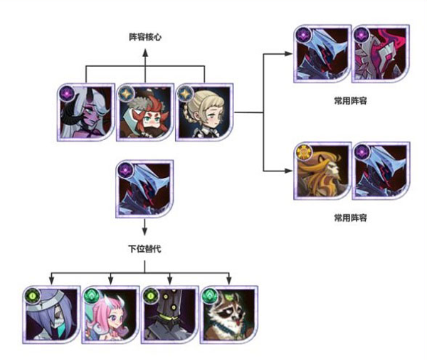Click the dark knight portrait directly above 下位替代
tap(144, 189)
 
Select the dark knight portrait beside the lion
tap(381, 171)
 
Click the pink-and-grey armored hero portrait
tap(381, 54)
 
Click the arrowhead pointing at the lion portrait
tap(288, 171)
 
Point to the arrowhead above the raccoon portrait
tap(228, 279)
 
